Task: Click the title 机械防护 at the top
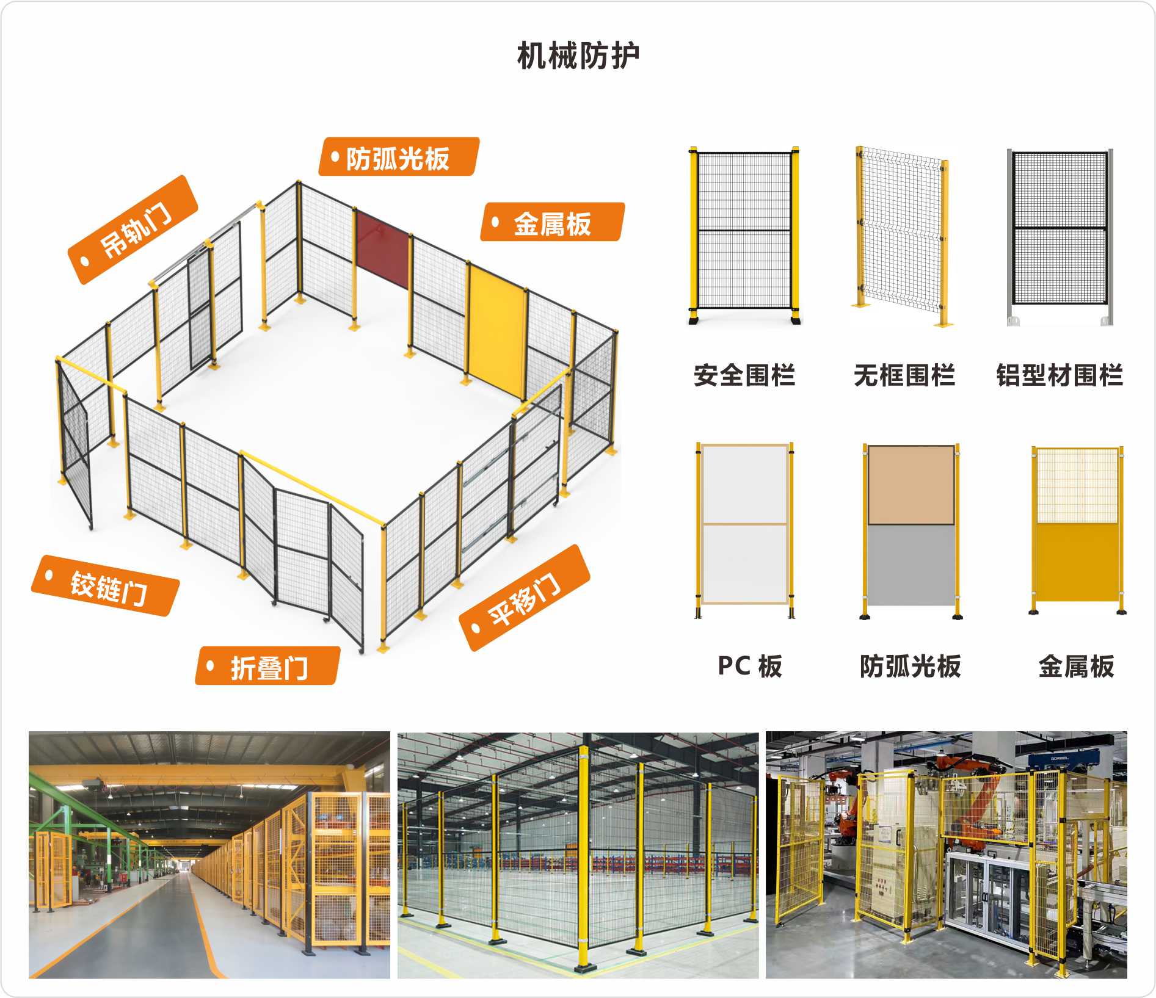(578, 56)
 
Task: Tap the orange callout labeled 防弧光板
(398, 157)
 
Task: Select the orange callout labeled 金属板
(552, 223)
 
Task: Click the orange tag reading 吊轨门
(134, 230)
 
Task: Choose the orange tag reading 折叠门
(268, 667)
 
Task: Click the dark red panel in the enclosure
(382, 243)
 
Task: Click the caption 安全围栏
(744, 375)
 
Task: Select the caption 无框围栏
(904, 375)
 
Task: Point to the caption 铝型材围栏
(1060, 375)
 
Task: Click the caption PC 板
(750, 666)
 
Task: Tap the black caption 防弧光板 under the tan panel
(910, 666)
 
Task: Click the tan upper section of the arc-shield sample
(911, 485)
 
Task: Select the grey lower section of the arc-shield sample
(911, 565)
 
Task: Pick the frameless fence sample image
(903, 237)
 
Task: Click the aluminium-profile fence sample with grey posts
(1060, 237)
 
